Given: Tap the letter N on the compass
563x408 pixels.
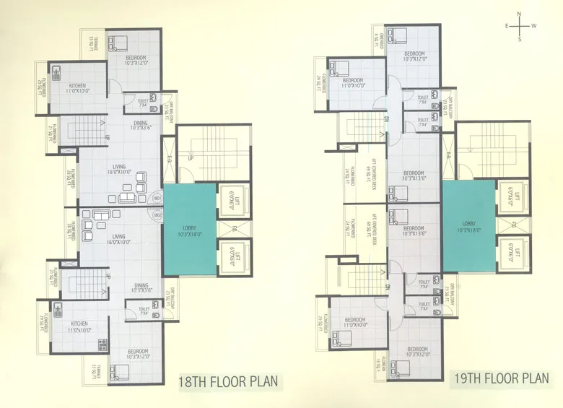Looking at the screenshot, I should click(519, 14).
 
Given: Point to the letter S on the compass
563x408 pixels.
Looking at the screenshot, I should click(519, 39).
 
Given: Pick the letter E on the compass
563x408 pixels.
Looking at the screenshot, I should click(507, 26).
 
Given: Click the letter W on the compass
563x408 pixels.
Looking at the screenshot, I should click(533, 26).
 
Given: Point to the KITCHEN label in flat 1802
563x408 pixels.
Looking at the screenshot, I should click(79, 323).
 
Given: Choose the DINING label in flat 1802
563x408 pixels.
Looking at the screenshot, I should click(141, 285).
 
